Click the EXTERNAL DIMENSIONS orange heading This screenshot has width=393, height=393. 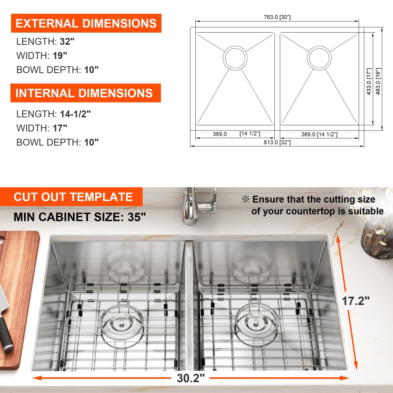click(x=86, y=23)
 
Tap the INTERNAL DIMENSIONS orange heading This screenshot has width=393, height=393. click(x=85, y=93)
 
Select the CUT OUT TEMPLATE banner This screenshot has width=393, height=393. click(x=72, y=197)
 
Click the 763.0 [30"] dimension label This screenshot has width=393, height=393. click(x=277, y=17)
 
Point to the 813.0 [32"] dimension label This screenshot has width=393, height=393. click(x=277, y=142)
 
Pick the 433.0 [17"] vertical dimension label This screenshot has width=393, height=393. click(x=369, y=81)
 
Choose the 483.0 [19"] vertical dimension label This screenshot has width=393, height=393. click(x=378, y=81)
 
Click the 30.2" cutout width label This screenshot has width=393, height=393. click(x=191, y=378)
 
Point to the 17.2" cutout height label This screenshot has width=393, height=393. click(x=356, y=301)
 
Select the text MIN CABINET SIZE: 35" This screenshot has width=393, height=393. click(x=80, y=217)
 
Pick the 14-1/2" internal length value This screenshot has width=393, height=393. click(x=75, y=114)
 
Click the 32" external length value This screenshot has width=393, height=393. click(x=67, y=42)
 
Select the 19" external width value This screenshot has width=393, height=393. click(x=60, y=56)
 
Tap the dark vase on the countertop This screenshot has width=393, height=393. click(x=377, y=241)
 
